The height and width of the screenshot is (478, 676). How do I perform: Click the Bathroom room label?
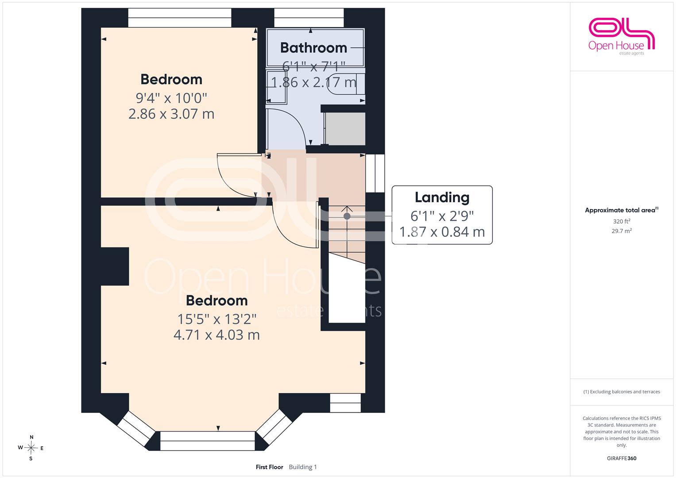click(x=313, y=48)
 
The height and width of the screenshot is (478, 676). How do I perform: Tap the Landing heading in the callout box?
click(x=442, y=197)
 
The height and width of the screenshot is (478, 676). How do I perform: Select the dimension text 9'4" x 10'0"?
click(x=171, y=98)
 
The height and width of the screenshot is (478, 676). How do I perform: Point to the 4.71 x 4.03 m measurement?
click(x=216, y=335)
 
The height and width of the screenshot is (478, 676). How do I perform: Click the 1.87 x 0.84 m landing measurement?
click(x=442, y=232)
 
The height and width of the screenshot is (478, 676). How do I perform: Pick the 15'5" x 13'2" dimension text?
click(x=216, y=319)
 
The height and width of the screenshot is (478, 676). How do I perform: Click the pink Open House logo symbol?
click(x=622, y=33)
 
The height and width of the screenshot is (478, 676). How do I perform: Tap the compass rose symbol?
click(x=31, y=448)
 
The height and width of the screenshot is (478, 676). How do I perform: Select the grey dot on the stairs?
click(x=347, y=216)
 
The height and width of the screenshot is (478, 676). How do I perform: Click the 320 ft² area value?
click(x=622, y=221)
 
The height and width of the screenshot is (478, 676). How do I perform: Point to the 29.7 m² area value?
click(x=622, y=231)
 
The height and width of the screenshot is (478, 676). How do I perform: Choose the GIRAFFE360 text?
click(x=622, y=459)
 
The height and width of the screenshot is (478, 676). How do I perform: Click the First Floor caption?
click(x=270, y=467)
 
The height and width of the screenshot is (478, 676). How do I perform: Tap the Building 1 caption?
click(x=303, y=467)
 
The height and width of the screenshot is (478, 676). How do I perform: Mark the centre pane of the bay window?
click(x=207, y=441)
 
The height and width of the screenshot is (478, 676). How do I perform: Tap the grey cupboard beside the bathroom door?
click(x=344, y=129)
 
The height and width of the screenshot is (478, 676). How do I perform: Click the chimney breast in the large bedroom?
click(x=115, y=266)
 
